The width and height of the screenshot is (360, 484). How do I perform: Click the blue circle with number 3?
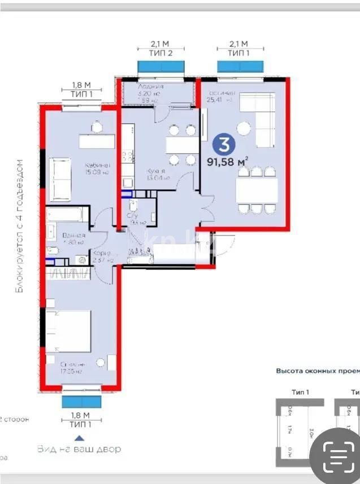[x=224, y=145]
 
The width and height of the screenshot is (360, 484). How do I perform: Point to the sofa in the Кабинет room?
[x=60, y=180]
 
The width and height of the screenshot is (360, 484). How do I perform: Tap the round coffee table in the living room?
[x=244, y=129]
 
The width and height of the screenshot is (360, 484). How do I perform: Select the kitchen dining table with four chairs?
[x=182, y=145]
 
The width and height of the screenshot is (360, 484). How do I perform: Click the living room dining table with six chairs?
[x=257, y=190]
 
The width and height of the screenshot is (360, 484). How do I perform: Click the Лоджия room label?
[x=151, y=86]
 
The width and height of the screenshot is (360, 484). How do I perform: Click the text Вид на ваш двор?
[x=79, y=450]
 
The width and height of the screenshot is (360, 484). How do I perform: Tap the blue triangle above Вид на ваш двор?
[x=80, y=437]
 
